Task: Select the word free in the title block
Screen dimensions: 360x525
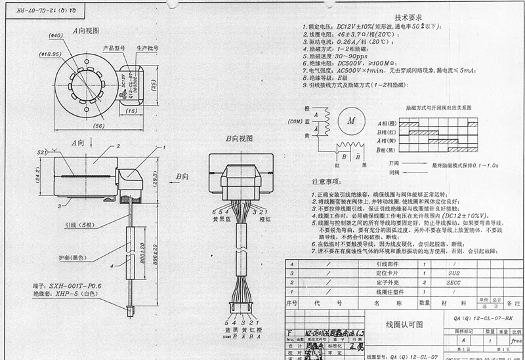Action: (x=515, y=342)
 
